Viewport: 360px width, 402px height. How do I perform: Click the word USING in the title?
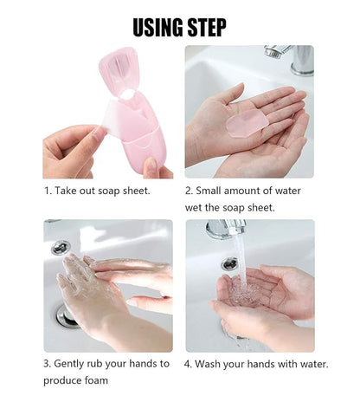[x=157, y=27]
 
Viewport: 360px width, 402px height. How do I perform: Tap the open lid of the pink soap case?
[x=118, y=69]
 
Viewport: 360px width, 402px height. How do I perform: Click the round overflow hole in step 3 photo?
[x=61, y=248]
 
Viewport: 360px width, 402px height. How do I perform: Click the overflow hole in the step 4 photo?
[x=229, y=263]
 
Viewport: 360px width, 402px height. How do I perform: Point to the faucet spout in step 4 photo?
[x=226, y=229]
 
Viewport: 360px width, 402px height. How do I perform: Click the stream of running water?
[x=241, y=262]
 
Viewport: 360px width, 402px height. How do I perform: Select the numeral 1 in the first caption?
[x=47, y=191]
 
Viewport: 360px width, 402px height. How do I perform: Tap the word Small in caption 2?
[x=209, y=191]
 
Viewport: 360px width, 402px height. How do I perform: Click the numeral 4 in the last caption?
[x=188, y=364]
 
